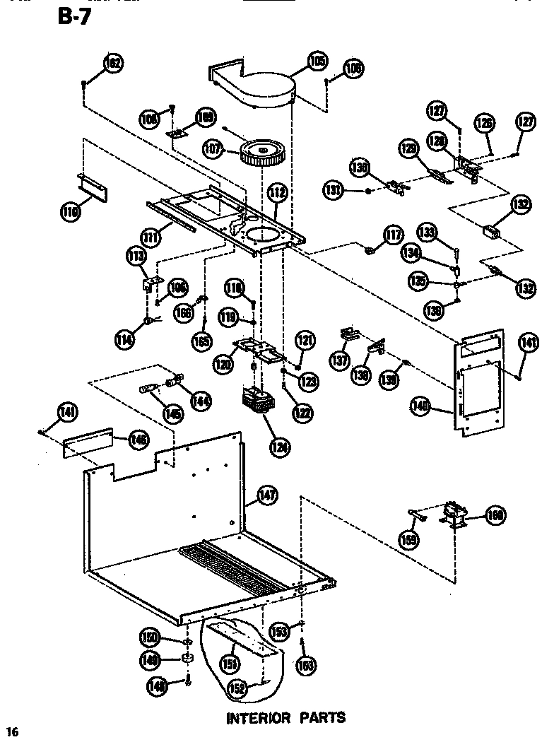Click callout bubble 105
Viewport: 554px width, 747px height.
[x=317, y=62]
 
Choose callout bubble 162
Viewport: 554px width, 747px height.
[x=112, y=64]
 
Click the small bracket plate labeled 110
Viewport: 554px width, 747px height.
[x=93, y=185]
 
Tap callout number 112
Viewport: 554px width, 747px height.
[x=278, y=192]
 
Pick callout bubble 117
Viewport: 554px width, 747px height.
[x=393, y=235]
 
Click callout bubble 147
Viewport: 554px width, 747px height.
[x=266, y=495]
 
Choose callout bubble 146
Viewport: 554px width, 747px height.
[x=138, y=440]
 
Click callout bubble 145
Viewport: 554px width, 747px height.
[x=171, y=413]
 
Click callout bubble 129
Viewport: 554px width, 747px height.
[x=408, y=149]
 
